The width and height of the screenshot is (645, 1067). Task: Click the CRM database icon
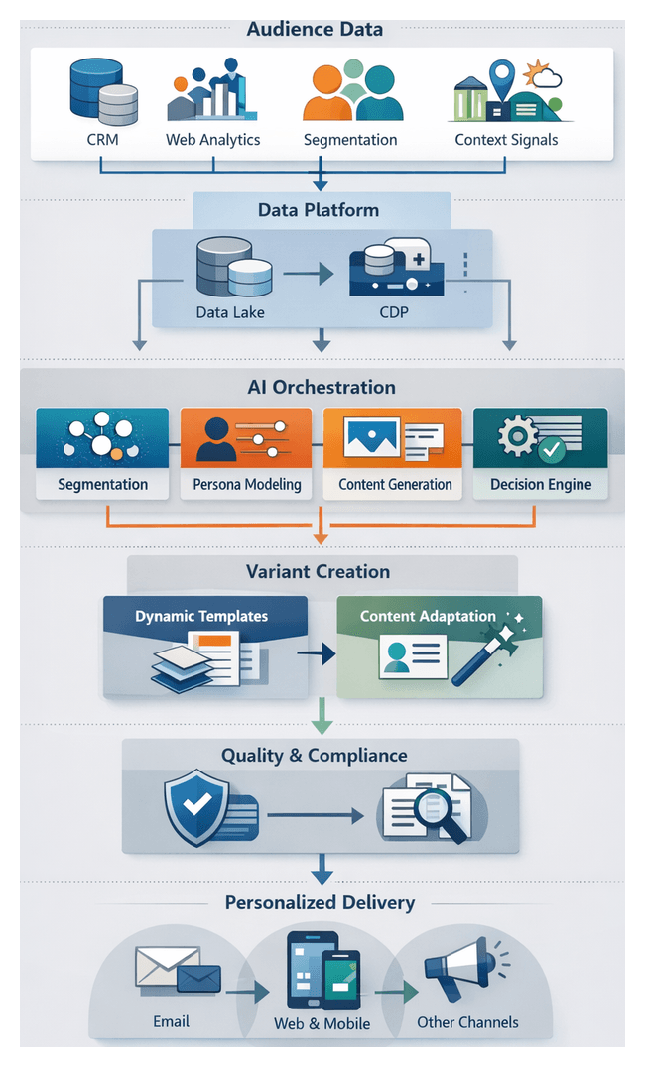pos(103,92)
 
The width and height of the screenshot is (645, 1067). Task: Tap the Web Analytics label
pos(212,140)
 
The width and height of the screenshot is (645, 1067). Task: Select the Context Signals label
pos(506,140)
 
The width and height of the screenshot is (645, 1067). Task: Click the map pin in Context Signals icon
pos(503,75)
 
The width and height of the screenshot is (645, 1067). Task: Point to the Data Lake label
pos(230,313)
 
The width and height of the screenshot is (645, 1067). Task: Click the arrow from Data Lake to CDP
pos(309,273)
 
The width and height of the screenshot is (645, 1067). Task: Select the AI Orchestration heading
pos(321,388)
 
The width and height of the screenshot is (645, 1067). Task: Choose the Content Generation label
pos(395,485)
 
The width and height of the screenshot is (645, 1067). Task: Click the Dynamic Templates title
pos(201,616)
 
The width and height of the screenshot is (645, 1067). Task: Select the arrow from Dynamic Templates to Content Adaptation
pos(316,654)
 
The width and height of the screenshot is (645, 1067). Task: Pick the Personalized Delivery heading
pos(320,903)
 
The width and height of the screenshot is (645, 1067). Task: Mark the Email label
pos(171,1021)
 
